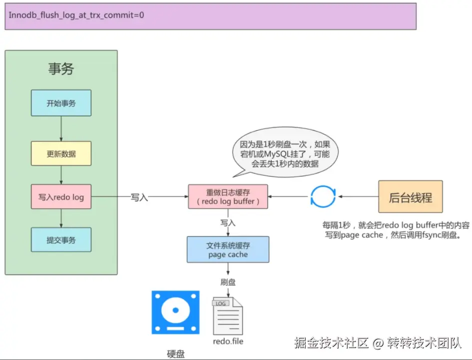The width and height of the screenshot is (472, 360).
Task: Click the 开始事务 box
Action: (61, 103)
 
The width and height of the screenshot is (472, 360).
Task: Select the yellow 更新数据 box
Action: (61, 153)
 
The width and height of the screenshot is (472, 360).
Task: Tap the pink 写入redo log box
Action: (61, 197)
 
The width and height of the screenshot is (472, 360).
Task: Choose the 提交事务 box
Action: (61, 240)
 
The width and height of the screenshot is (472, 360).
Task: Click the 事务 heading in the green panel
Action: (61, 68)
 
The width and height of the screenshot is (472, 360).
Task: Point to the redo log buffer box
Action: (228, 197)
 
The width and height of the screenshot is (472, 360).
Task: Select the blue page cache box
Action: (228, 250)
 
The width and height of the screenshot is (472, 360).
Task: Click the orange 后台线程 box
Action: (410, 197)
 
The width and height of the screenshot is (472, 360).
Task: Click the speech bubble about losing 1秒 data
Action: (285, 152)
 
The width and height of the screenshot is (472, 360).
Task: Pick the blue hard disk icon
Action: (175, 313)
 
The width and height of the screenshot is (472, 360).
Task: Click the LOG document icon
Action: (228, 316)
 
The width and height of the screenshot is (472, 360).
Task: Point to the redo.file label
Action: (228, 342)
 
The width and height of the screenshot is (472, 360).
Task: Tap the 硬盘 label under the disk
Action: (176, 354)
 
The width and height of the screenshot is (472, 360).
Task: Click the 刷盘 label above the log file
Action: (228, 282)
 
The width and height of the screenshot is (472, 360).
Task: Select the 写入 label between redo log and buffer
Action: (139, 197)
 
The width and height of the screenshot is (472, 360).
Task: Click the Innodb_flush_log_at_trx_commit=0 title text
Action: (76, 15)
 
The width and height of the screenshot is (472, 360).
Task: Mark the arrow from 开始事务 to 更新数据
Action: (61, 129)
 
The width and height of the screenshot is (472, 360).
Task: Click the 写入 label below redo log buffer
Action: (228, 223)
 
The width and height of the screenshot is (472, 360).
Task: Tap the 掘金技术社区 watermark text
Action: (332, 343)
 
